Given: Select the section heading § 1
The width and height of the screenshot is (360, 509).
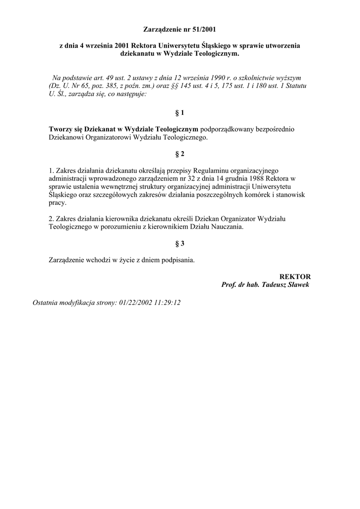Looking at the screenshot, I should [x=180, y=113].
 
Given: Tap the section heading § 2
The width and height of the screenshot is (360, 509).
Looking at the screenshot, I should [x=180, y=154].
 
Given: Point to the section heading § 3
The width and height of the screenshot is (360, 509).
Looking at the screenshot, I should [x=180, y=244].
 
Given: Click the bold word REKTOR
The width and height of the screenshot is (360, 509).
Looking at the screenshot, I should [x=295, y=276].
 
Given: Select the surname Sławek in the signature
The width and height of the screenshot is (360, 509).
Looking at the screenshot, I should [x=297, y=285].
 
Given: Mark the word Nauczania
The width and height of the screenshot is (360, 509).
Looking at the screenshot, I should [x=227, y=227].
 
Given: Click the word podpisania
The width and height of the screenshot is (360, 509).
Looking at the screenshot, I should [x=177, y=260].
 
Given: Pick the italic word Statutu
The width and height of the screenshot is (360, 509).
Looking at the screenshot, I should [x=295, y=86].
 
